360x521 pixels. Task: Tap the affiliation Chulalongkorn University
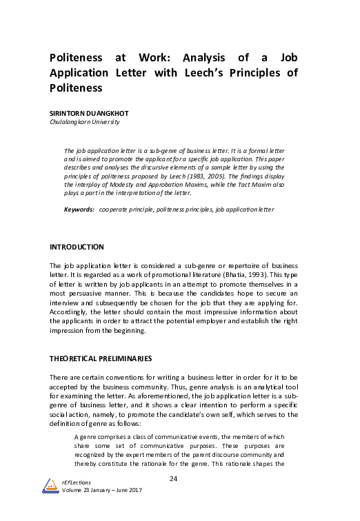tap(85, 122)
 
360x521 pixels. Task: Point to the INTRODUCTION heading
tap(77, 247)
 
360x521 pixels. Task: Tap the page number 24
tap(174, 479)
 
